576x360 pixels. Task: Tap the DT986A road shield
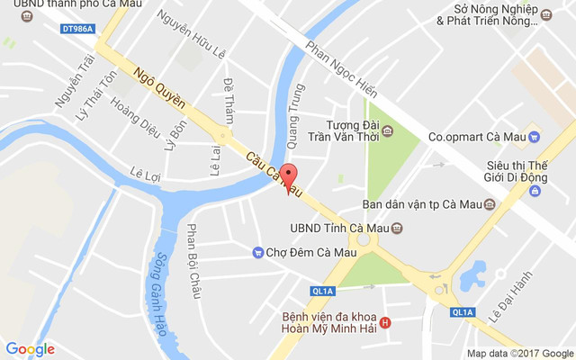click(x=78, y=29)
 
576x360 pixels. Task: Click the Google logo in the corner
click(x=30, y=349)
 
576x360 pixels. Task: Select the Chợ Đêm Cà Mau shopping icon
click(x=257, y=252)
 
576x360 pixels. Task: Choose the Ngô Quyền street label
click(x=159, y=85)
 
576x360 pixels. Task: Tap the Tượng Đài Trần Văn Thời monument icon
click(x=388, y=131)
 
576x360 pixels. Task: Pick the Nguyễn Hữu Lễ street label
click(x=191, y=34)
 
